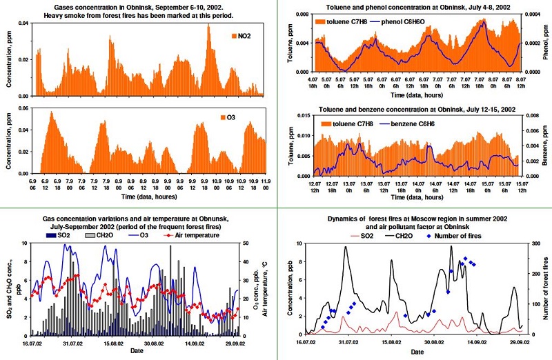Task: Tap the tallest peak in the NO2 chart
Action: coord(209,26)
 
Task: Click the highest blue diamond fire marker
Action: coord(465,259)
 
